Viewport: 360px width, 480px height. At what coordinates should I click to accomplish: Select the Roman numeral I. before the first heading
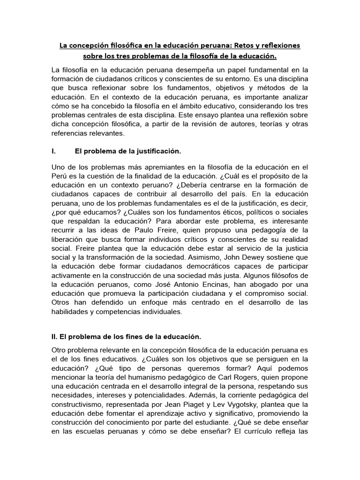55,151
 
